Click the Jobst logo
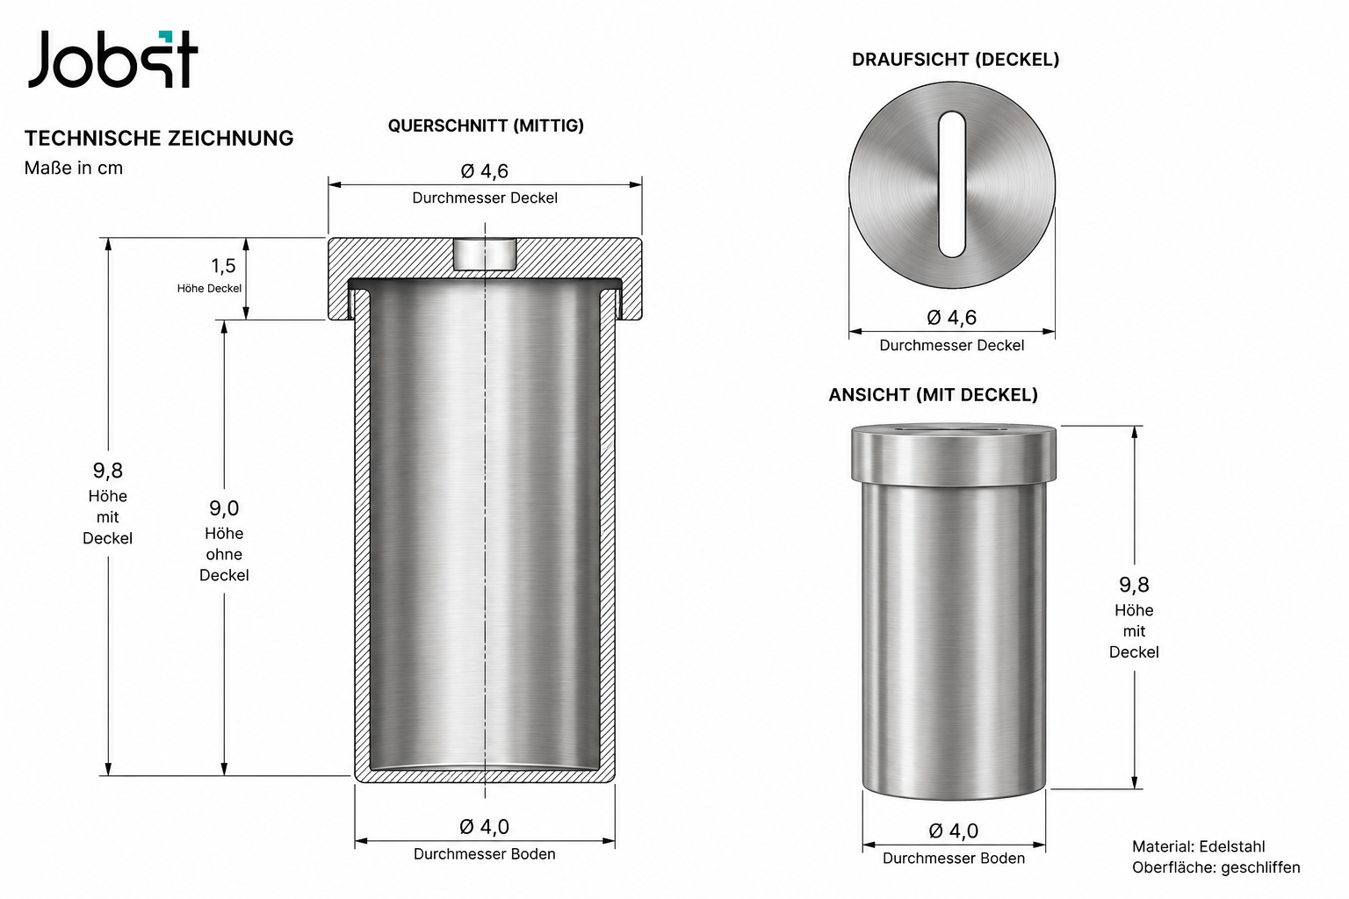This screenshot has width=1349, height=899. click(112, 59)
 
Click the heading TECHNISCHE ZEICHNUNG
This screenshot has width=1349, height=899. click(159, 139)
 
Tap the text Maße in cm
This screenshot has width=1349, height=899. click(74, 168)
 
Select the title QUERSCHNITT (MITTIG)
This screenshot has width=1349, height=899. click(486, 126)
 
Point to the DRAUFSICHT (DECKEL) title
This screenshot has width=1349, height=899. click(956, 60)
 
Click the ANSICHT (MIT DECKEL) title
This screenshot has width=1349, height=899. click(934, 395)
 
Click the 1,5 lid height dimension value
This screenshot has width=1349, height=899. click(223, 265)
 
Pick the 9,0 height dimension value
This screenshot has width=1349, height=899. click(224, 508)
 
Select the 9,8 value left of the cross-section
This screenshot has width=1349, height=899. click(108, 471)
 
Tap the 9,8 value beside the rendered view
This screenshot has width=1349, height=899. click(1134, 585)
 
